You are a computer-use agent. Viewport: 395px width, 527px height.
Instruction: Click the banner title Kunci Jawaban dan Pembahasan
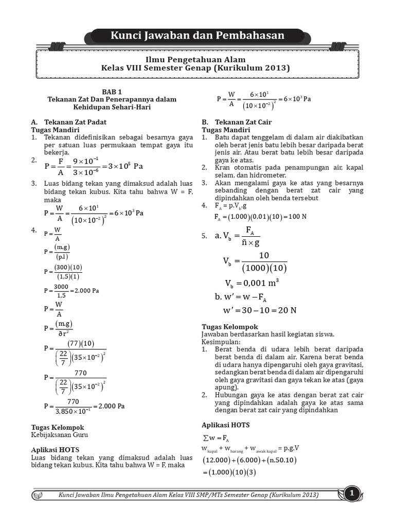[x=197, y=36]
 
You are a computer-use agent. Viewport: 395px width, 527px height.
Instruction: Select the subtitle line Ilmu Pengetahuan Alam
[x=197, y=59]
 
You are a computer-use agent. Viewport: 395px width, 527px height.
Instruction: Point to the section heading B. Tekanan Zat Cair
[x=236, y=122]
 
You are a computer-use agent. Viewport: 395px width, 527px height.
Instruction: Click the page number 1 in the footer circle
[x=352, y=495]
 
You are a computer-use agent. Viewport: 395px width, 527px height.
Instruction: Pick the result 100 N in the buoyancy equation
[x=297, y=217]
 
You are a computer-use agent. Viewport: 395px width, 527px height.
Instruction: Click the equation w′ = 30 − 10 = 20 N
[x=259, y=310]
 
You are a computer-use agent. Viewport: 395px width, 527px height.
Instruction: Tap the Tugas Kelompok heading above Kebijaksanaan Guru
[x=58, y=427]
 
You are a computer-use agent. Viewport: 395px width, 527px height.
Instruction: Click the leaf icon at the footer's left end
[x=39, y=495]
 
